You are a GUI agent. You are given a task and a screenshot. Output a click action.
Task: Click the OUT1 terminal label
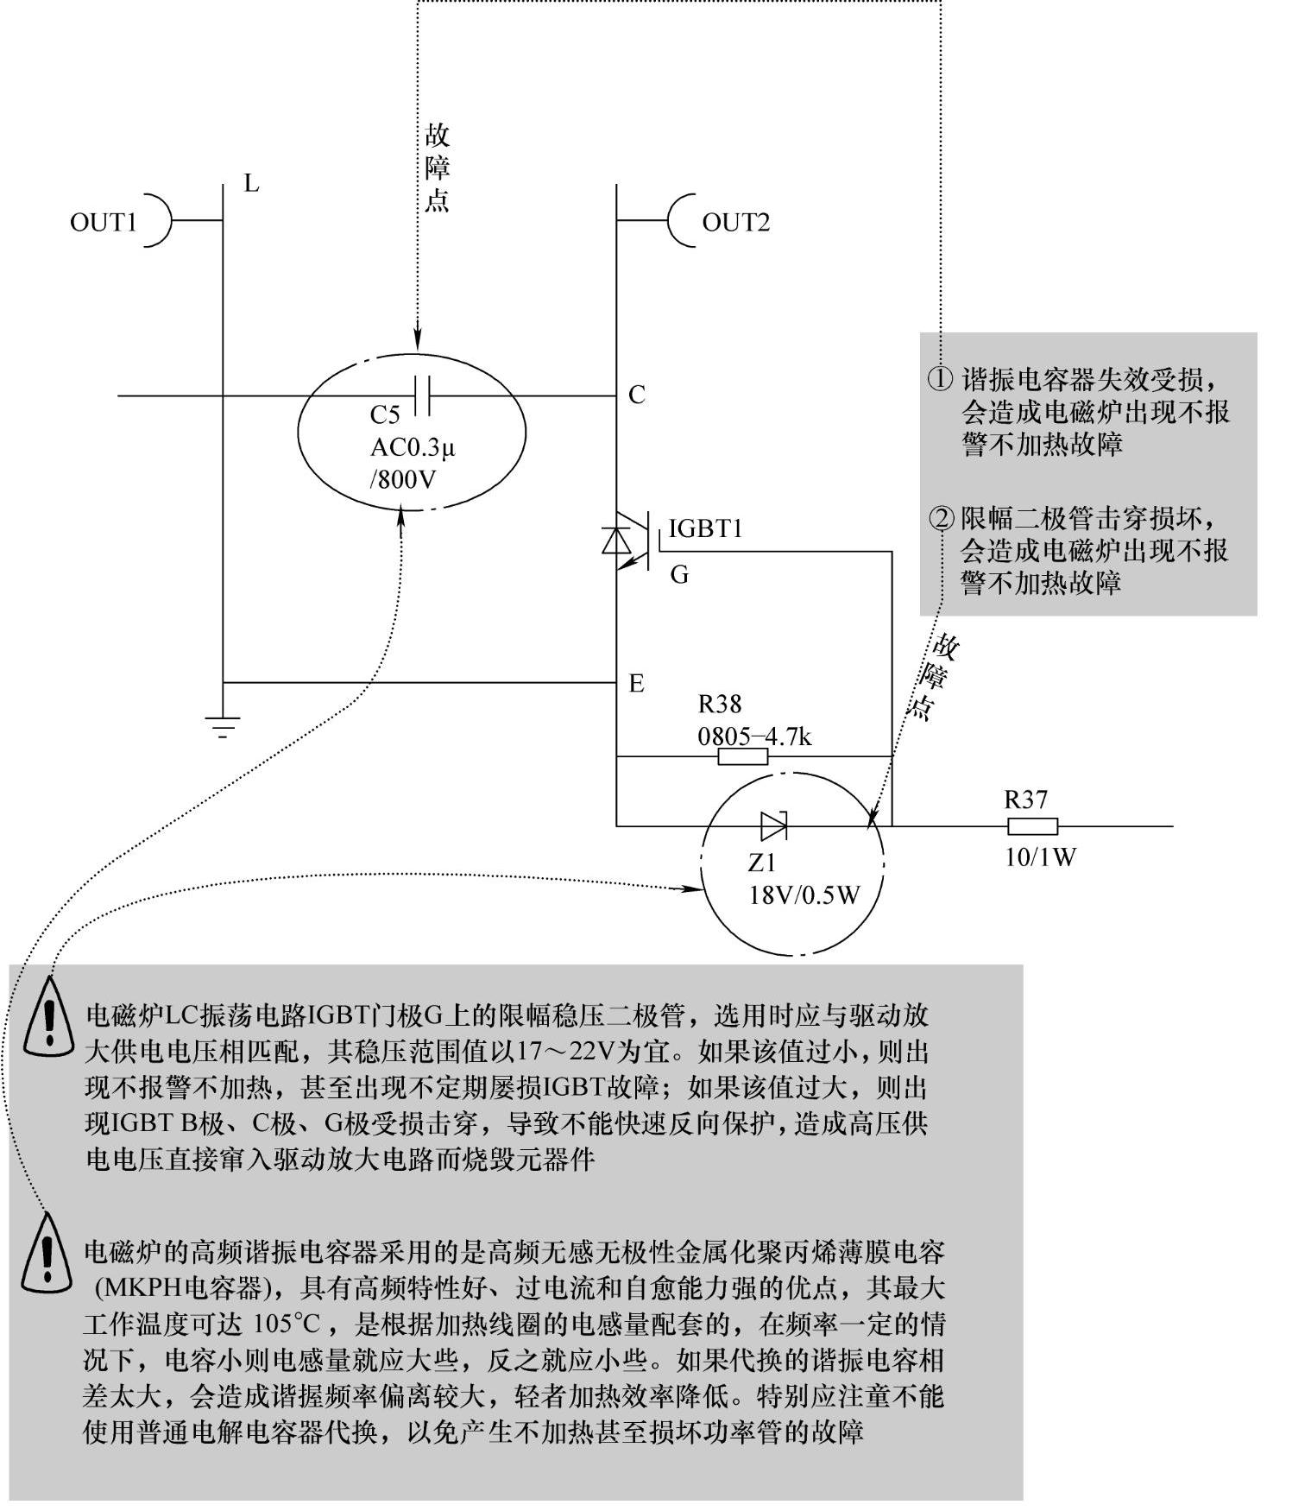click(x=103, y=222)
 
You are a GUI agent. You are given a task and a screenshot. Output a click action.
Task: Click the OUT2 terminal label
click(x=735, y=222)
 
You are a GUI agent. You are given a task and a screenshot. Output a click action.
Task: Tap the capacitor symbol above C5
click(x=422, y=395)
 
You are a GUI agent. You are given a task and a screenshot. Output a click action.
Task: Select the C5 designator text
click(x=385, y=415)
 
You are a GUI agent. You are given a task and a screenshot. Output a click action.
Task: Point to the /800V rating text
click(x=403, y=479)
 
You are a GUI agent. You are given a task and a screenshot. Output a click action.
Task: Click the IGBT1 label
click(x=705, y=528)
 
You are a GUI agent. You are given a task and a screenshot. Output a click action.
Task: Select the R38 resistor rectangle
click(x=742, y=757)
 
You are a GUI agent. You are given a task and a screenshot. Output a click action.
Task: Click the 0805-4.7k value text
click(x=754, y=737)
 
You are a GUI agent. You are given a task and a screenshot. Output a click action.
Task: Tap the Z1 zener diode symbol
click(x=773, y=826)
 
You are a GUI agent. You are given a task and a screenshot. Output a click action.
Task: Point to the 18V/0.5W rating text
click(x=804, y=895)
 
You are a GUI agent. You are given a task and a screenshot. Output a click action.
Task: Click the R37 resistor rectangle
click(x=1032, y=826)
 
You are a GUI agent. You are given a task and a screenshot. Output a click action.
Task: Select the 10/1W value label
click(x=1040, y=857)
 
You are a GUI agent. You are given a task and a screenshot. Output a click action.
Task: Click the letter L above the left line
click(x=251, y=184)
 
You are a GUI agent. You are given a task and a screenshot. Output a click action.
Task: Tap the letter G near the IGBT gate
click(x=679, y=575)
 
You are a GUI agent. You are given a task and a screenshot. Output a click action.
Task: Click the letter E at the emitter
click(x=636, y=684)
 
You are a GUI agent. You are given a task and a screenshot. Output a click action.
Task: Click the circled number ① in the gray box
click(x=940, y=379)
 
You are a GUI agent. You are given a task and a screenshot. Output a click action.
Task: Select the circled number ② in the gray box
click(x=940, y=519)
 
